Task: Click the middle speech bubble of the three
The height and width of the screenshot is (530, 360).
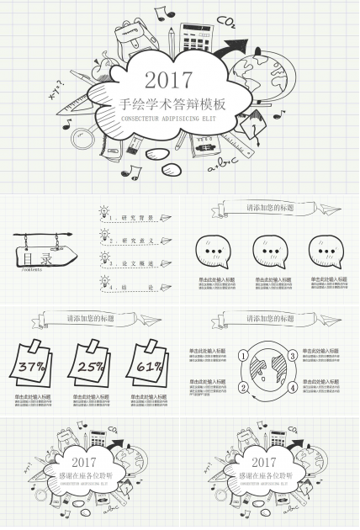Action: pos(269,250)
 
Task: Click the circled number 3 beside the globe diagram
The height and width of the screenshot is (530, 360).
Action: pos(292,357)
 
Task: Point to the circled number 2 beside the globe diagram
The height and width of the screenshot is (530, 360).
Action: pos(244,388)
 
